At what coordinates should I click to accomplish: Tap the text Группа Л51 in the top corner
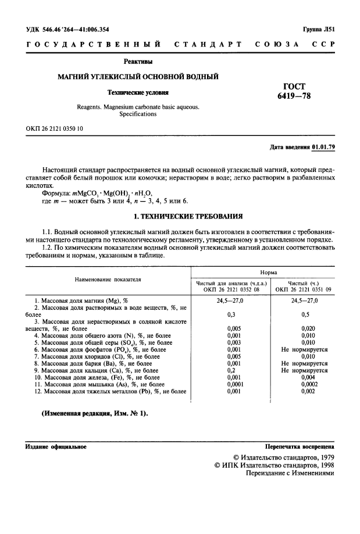(318, 28)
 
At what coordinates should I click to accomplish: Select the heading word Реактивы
(138, 61)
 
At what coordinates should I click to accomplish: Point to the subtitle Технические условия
(138, 92)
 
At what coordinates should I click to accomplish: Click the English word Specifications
(138, 114)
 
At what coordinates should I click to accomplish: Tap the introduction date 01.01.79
(323, 147)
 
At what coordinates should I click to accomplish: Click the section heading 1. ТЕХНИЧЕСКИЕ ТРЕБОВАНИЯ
(180, 216)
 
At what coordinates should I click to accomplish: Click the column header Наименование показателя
(108, 279)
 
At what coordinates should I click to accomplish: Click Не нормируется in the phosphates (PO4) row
(304, 349)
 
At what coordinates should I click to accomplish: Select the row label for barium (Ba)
(96, 363)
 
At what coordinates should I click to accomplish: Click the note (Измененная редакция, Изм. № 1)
(94, 413)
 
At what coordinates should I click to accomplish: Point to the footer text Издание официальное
(56, 447)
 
